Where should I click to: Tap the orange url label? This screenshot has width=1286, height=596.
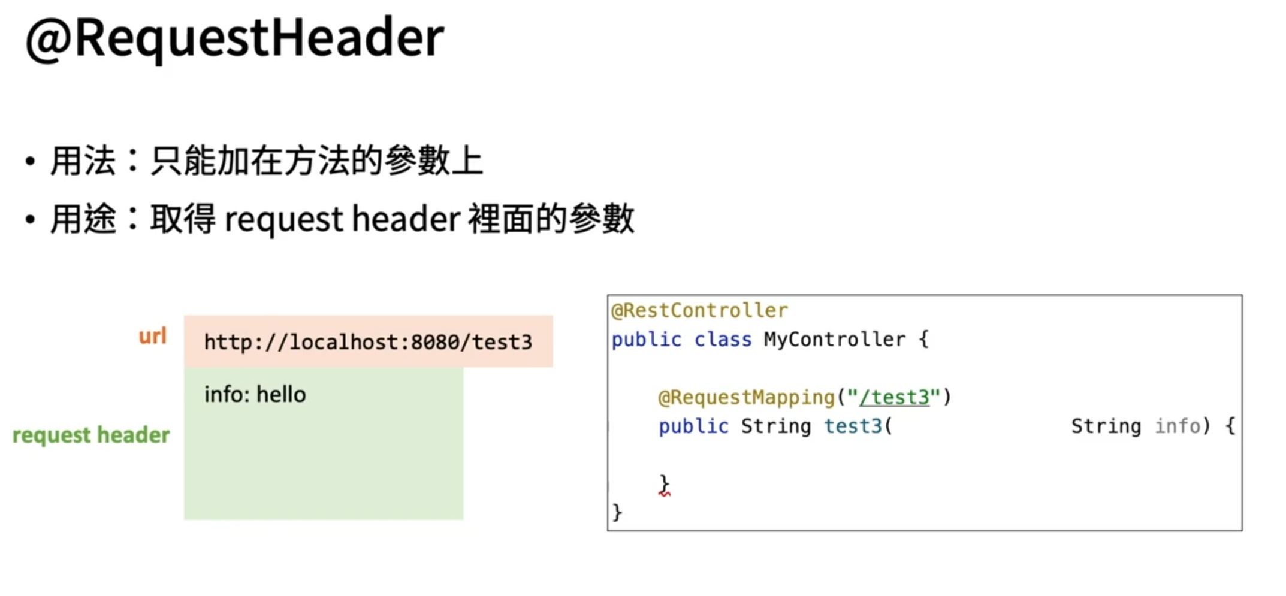152,337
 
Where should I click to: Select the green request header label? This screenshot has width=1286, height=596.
91,435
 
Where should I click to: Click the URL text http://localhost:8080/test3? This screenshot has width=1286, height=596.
368,342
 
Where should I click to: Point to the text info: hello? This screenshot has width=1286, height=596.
255,395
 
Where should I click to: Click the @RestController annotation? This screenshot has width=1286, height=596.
699,310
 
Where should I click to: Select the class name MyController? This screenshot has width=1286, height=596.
834,340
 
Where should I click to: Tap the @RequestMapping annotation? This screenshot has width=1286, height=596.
746,397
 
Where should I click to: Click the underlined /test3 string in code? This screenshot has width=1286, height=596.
894,397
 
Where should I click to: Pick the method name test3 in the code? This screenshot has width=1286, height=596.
853,426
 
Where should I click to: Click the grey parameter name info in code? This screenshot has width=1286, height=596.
1178,426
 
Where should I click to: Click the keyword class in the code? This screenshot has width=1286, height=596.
723,340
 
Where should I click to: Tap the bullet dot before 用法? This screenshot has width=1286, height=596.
30,161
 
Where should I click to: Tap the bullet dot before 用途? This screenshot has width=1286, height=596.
30,219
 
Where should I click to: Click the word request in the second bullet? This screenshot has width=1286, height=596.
283,220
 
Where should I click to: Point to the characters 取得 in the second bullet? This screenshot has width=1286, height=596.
182,219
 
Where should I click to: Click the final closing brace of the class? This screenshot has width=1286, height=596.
617,513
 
